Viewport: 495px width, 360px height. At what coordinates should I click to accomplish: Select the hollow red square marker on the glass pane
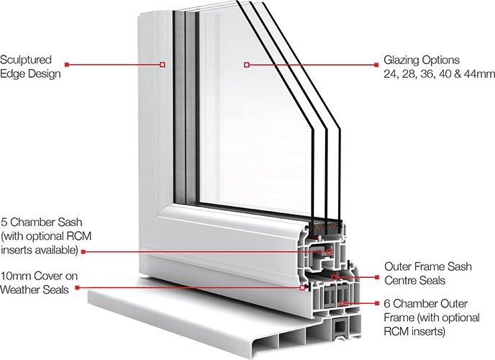tap(247, 65)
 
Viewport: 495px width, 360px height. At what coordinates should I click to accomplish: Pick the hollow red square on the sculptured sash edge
tap(162, 65)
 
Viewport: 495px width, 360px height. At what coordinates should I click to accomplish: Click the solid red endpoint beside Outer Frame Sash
tap(378, 276)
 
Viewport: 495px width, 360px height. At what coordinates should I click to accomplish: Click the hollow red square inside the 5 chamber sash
tap(330, 251)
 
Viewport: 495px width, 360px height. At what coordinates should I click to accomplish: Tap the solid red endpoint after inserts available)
tap(83, 251)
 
